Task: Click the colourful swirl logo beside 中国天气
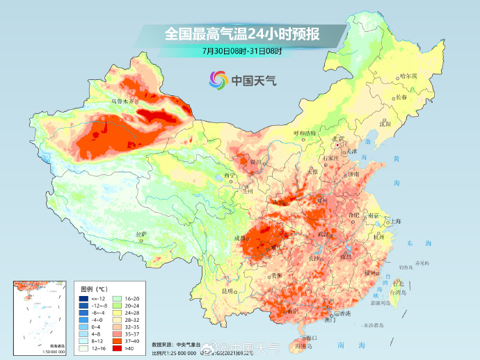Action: tap(218, 80)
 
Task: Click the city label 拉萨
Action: tap(141, 234)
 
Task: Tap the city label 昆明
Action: tap(227, 290)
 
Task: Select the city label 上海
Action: tap(396, 221)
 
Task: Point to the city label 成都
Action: tap(241, 238)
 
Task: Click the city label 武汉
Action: tap(324, 234)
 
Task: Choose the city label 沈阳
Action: tap(386, 124)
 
